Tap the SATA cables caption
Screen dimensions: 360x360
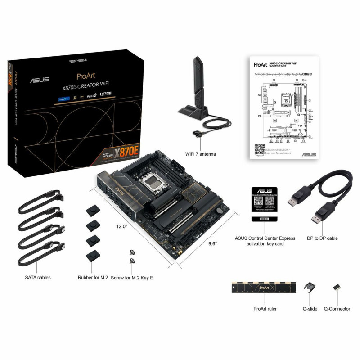(38, 278)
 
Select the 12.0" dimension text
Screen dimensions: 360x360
(121, 226)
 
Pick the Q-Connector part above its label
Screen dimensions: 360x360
(336, 288)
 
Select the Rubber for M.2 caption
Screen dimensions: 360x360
(93, 278)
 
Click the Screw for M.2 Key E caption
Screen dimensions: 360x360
(132, 278)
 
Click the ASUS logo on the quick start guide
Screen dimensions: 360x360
(308, 154)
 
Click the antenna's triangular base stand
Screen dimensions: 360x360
(193, 110)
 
